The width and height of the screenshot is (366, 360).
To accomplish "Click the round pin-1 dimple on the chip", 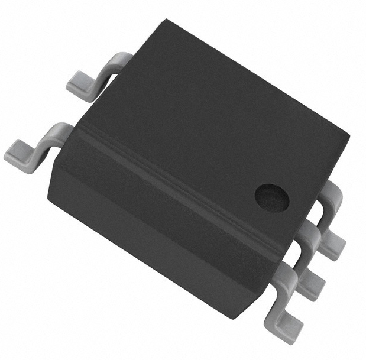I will pos(270,196).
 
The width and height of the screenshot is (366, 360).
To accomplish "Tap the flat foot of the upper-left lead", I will pos(80,86).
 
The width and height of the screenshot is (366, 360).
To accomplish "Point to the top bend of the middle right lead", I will pos(312,231).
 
